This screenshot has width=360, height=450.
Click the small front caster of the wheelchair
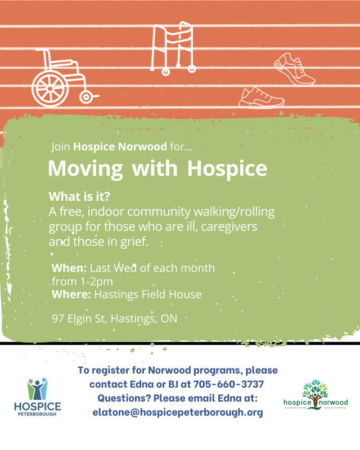click(86, 97)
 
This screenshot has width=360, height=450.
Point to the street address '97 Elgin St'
click(79, 319)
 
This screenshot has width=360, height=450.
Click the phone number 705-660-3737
click(229, 385)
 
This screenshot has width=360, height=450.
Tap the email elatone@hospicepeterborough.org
click(178, 412)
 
